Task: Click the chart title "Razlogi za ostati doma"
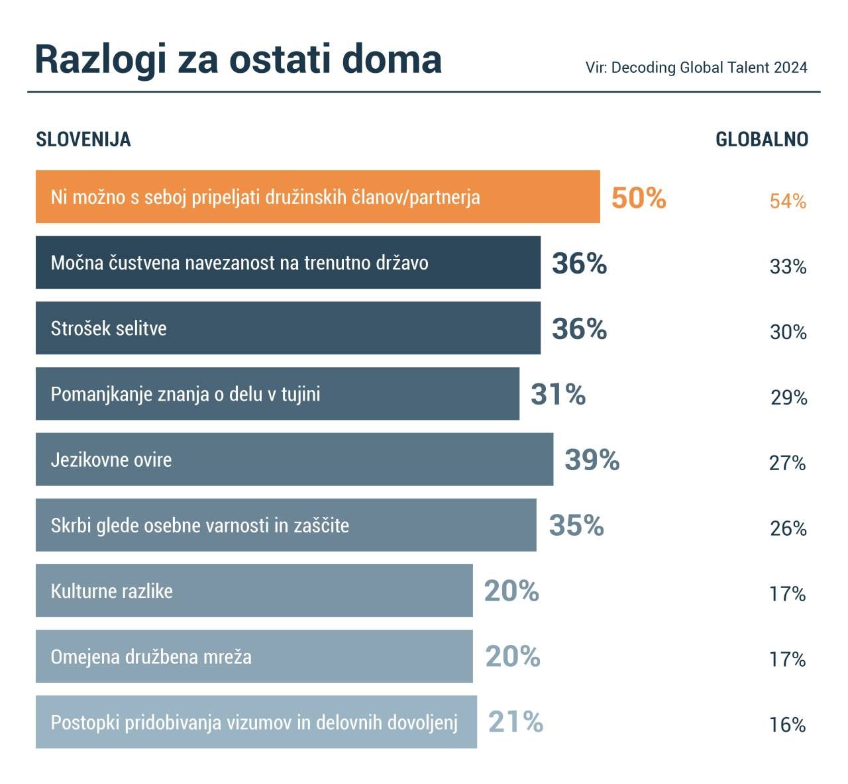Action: coord(238,60)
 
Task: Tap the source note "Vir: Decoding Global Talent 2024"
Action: coord(696,68)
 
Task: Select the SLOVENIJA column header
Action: coord(83,140)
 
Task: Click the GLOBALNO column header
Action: coord(762,140)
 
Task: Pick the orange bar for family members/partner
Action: coord(317,197)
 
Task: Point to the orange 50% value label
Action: coord(639,198)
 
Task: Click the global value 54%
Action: coord(788,201)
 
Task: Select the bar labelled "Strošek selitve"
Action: coord(288,328)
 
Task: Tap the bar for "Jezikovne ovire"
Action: coord(294,460)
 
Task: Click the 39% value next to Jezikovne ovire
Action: coord(592,460)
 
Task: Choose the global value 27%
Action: coord(788,463)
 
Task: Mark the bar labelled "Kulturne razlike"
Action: coord(254,591)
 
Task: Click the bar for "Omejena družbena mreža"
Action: coord(254,656)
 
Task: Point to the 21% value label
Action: coord(515,722)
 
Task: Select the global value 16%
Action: coord(788,725)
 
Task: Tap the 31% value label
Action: coord(558,395)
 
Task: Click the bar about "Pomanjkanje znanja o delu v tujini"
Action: coord(277,394)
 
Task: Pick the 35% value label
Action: coord(576,525)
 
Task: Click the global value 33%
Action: coord(788,267)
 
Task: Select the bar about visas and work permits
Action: coord(256,722)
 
